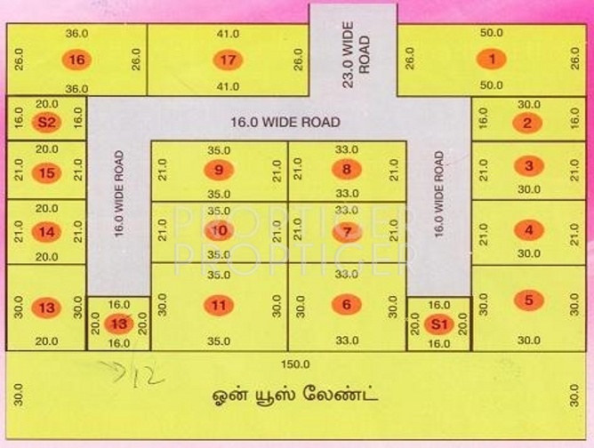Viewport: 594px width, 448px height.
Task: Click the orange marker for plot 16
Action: click(x=77, y=60)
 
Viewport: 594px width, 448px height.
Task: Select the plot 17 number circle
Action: click(x=228, y=60)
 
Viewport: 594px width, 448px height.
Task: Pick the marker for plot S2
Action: click(x=46, y=122)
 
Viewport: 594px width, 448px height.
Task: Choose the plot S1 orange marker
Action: click(x=437, y=324)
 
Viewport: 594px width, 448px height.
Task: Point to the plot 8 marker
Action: click(x=346, y=169)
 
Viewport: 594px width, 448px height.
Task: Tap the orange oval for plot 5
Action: click(x=529, y=300)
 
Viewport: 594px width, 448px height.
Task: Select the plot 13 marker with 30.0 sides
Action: click(x=46, y=308)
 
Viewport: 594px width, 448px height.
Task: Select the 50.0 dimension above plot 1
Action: click(x=491, y=33)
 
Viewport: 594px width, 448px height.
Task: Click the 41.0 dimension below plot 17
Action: click(x=228, y=87)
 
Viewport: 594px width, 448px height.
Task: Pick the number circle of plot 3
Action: click(x=529, y=165)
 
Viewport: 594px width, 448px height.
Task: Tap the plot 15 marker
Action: click(x=46, y=172)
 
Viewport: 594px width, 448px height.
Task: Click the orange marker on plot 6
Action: click(x=346, y=304)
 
